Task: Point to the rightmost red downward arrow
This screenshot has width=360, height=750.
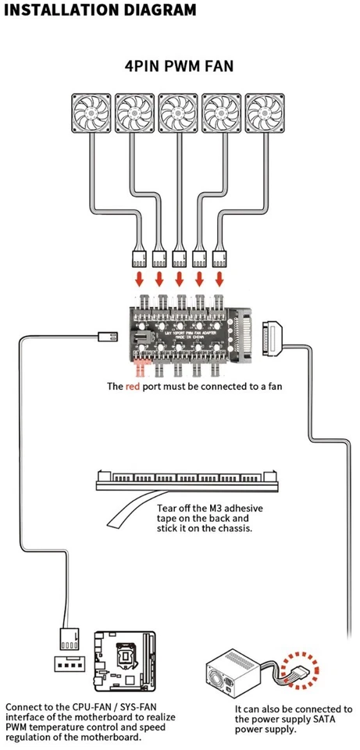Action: coord(220,279)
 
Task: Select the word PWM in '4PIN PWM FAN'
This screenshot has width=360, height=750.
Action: coord(180,67)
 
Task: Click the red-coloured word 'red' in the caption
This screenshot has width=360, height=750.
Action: coord(134,386)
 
